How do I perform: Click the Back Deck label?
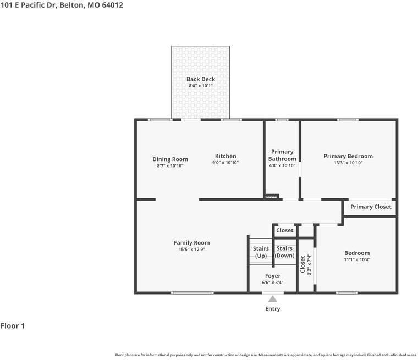coord(200,79)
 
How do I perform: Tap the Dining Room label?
coord(170,159)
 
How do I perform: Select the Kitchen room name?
coord(225,156)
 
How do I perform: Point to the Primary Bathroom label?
coord(282,155)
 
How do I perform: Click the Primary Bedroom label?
coord(348,156)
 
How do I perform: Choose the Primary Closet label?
coord(371,207)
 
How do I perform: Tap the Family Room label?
coord(191,243)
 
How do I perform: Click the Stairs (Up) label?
coord(261,252)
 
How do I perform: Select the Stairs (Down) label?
coord(284,252)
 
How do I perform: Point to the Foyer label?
coord(272,276)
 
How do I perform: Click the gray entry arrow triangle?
coord(273,298)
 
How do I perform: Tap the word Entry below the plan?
coord(273,309)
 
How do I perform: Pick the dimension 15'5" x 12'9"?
coord(191,250)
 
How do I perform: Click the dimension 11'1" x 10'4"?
coord(356,259)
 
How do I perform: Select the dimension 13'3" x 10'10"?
coord(348,163)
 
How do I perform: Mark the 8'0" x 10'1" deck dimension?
coord(200,86)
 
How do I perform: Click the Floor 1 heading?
coord(13,326)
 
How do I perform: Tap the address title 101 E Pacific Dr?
coord(62,5)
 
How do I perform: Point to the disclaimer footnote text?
coord(266,355)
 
